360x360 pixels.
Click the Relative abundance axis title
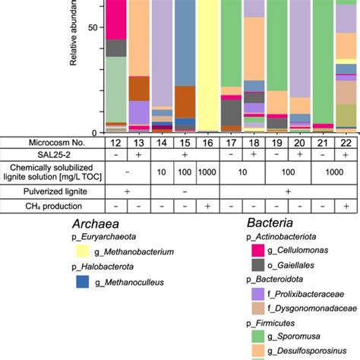tap(76, 38)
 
